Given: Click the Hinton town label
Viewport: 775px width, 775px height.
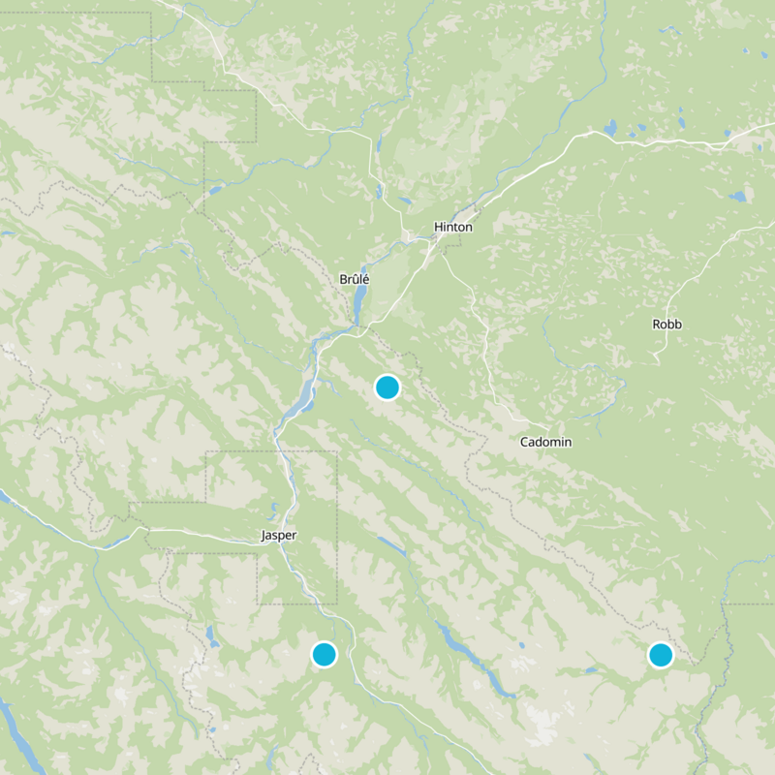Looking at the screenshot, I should pos(453,227).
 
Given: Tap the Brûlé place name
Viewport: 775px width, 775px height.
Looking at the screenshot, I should pos(355,279).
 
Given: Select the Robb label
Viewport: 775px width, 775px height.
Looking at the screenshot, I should pos(666,324).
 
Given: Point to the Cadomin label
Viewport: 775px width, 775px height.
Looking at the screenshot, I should pos(545,442).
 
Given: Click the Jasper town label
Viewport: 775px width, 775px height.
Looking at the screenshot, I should pos(278,535).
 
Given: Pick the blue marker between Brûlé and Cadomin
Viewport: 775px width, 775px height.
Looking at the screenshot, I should pos(387,387).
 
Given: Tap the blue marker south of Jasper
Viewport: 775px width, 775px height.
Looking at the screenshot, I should pos(325,654).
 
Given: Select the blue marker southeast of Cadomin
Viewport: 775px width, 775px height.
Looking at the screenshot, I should pos(661,655).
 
